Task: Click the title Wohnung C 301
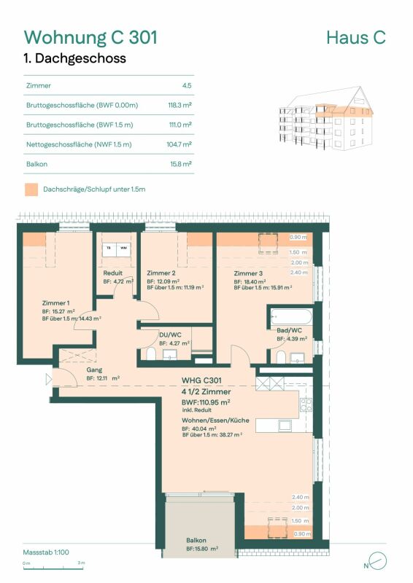tap(90, 36)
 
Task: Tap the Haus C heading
tap(355, 37)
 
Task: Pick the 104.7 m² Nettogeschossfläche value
tap(179, 144)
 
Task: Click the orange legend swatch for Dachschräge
tap(31, 189)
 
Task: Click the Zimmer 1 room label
tap(56, 302)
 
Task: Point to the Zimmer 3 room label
tap(248, 273)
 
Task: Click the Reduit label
tap(112, 273)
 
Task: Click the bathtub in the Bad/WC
tap(290, 318)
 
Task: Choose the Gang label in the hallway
tap(94, 370)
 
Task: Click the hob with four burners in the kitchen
tap(306, 404)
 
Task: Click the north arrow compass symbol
tap(377, 561)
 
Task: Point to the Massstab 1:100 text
tap(47, 552)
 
